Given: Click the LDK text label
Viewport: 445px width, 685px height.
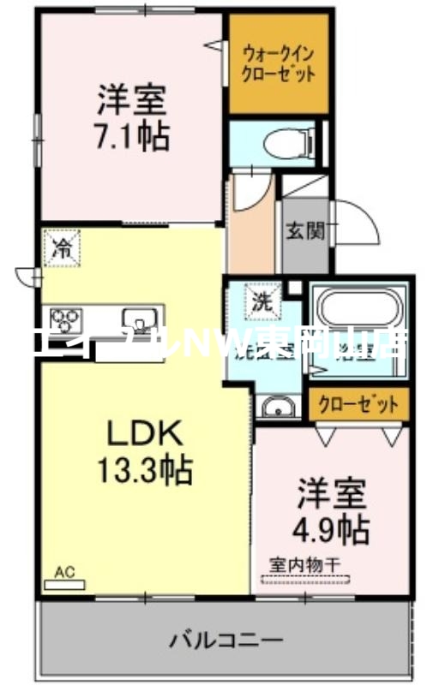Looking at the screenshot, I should point(143,434).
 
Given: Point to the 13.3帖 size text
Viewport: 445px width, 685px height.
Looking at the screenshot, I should point(143,468).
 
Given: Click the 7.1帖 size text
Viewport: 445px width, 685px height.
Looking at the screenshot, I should point(131,134).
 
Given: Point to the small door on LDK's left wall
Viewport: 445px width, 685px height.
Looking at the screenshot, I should point(27,276).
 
